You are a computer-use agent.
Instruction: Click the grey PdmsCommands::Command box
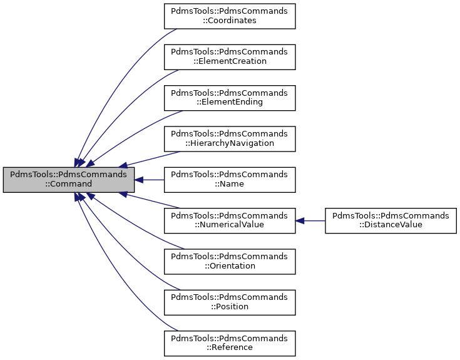click(68, 180)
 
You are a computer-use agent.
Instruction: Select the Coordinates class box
click(229, 15)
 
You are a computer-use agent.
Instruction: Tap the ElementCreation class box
click(229, 56)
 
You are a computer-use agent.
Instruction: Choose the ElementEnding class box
click(229, 97)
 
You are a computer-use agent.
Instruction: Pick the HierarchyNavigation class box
click(229, 138)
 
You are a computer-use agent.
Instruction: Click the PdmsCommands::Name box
click(229, 180)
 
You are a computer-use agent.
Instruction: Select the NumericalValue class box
click(229, 220)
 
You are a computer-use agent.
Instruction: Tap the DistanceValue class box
click(391, 220)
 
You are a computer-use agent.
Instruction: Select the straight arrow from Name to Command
click(150, 180)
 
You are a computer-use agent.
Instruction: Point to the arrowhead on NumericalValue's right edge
click(300, 220)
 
